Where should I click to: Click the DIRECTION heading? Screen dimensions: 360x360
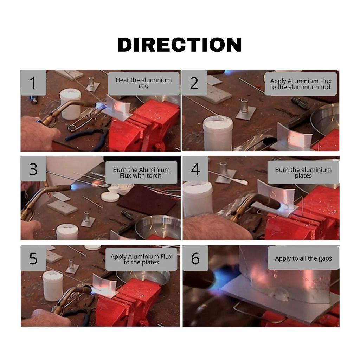(179, 45)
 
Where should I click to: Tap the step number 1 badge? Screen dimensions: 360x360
(33, 83)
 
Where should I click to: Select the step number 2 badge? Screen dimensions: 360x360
(194, 83)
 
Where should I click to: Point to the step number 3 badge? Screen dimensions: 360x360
(33, 169)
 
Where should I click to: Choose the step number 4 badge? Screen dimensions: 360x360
(195, 169)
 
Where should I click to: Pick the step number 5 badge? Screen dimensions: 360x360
(33, 258)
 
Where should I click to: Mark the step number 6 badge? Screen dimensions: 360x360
(195, 258)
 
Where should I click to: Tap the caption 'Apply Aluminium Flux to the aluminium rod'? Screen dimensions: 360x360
(301, 84)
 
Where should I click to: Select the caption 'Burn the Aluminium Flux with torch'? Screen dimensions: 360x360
(141, 172)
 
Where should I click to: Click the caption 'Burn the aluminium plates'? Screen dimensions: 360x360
(303, 172)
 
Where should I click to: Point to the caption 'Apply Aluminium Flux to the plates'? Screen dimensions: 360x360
(141, 259)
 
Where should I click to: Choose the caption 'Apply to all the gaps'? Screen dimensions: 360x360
(303, 258)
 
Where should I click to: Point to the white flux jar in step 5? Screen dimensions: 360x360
(53, 285)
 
